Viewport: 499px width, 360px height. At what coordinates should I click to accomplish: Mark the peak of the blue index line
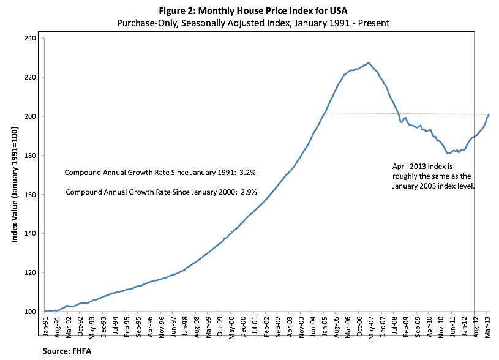tap(368, 62)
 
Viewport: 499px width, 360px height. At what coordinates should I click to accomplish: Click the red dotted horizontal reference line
tap(404, 113)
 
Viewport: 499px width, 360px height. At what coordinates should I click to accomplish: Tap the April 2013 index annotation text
tap(433, 176)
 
